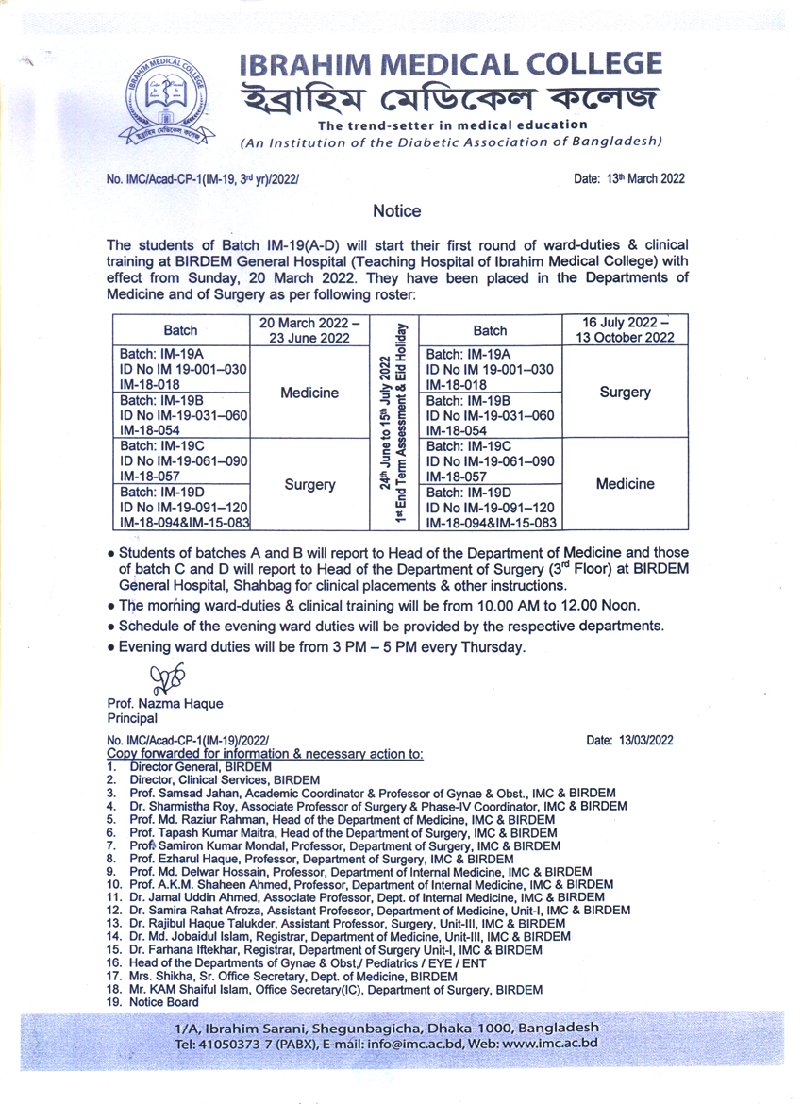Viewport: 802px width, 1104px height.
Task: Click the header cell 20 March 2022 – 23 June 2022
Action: point(309,330)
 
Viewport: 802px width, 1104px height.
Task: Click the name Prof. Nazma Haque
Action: point(165,704)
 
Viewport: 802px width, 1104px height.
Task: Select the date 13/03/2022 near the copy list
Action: point(629,741)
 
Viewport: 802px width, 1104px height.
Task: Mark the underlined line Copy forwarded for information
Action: point(265,754)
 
